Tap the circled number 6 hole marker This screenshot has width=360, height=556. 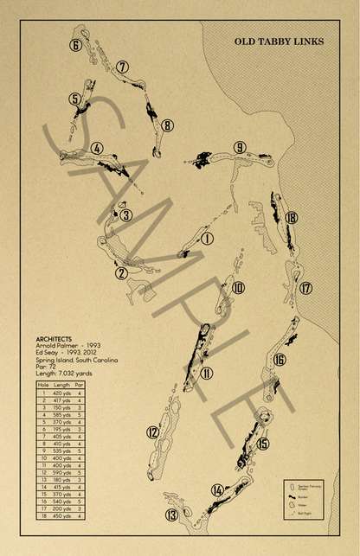point(76,46)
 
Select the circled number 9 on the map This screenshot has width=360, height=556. point(240,147)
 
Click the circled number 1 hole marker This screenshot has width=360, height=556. point(207,239)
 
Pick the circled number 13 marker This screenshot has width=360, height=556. point(171,516)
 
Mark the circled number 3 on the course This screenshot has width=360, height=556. point(125,215)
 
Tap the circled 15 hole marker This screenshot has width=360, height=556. point(263,444)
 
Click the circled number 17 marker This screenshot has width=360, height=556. point(305,288)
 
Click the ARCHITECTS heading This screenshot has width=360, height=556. point(54,339)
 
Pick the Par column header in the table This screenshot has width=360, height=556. point(79,384)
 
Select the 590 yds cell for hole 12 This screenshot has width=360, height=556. point(62,472)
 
